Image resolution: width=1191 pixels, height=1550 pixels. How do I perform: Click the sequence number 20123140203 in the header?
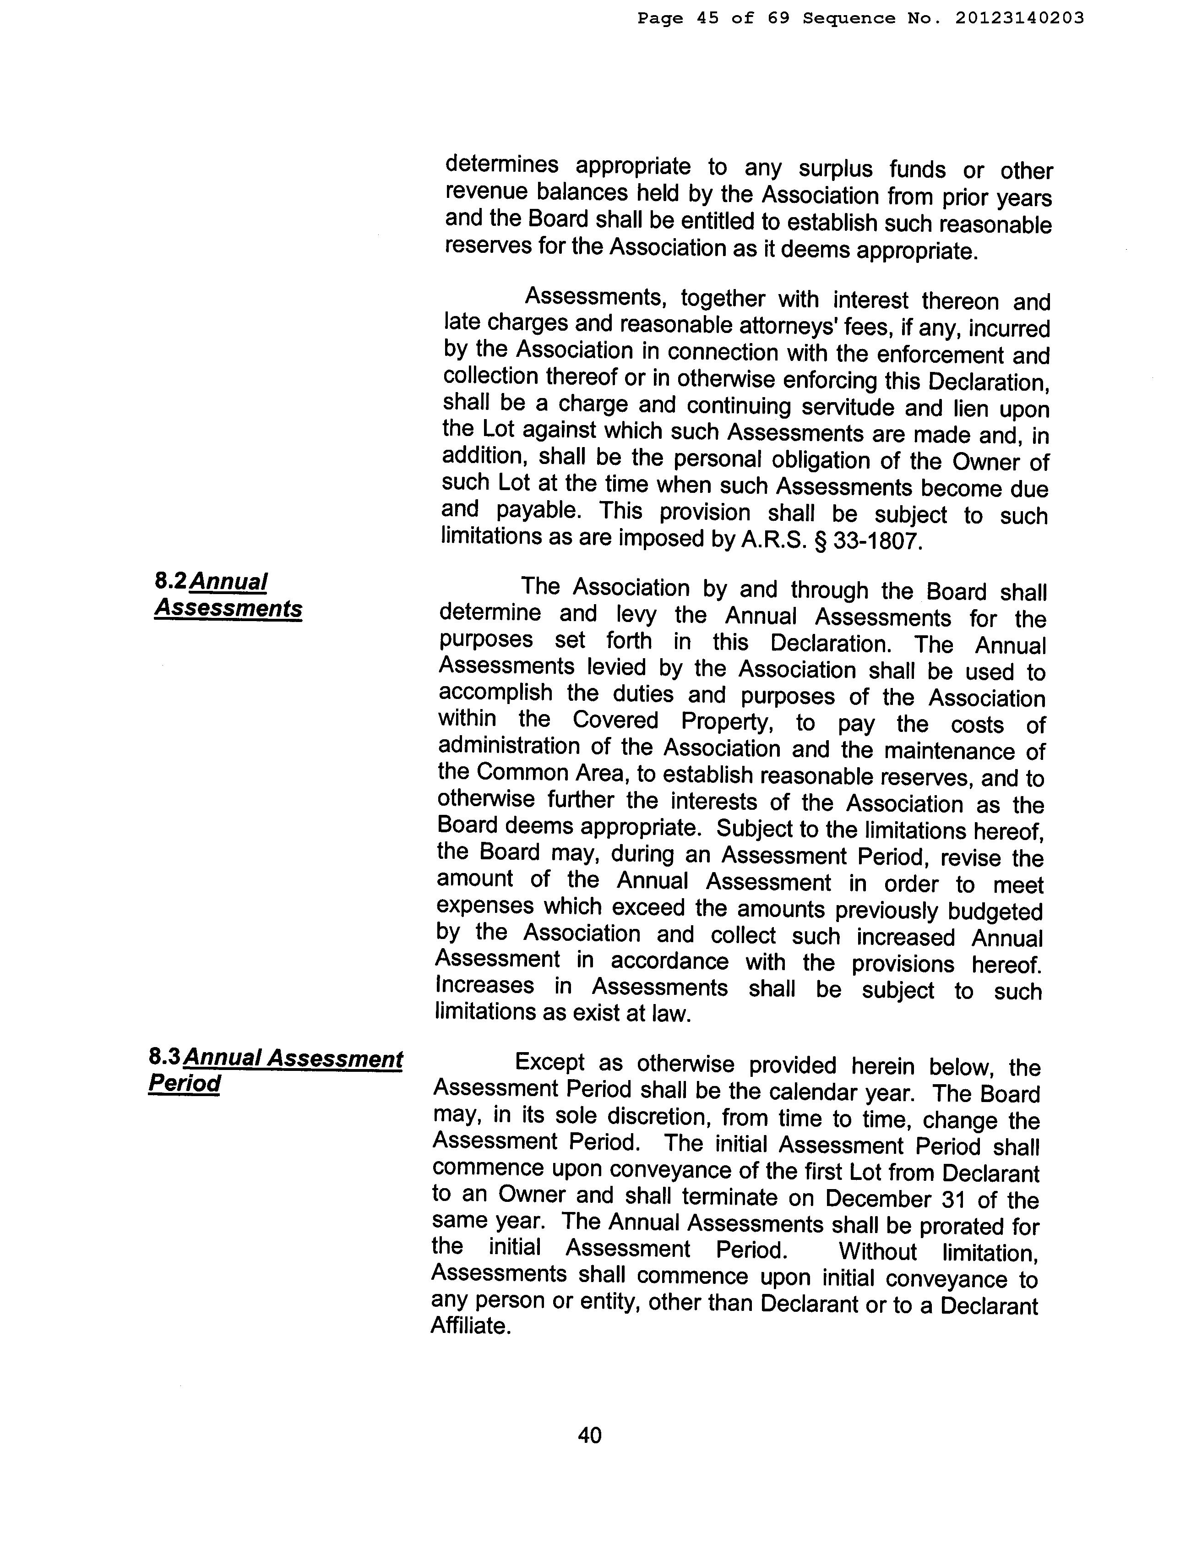[x=1019, y=18]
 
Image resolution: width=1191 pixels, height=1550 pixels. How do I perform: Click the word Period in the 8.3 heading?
[x=185, y=1083]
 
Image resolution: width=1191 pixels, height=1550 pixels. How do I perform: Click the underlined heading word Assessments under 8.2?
[x=228, y=608]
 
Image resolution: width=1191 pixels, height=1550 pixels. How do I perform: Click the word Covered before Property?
[x=615, y=721]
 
